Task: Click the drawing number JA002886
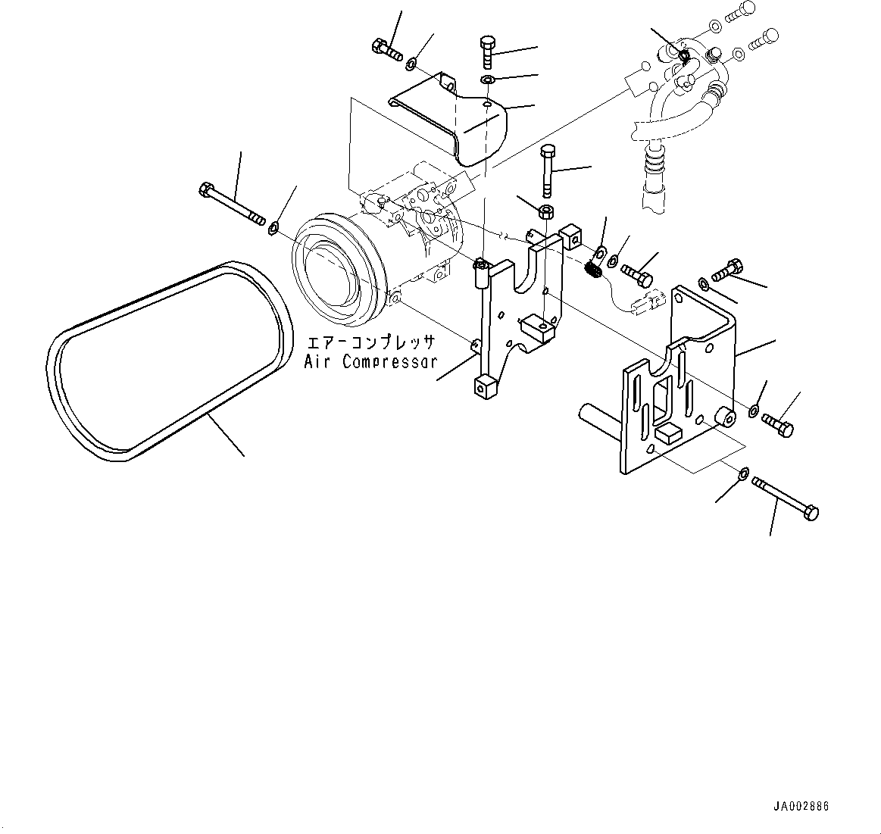coord(801,807)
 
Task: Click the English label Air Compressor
coord(370,361)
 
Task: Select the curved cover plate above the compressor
coord(455,125)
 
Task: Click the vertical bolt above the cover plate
coord(487,52)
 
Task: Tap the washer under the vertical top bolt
coord(489,80)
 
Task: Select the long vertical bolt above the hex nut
coord(548,170)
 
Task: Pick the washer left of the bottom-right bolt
coord(744,473)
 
